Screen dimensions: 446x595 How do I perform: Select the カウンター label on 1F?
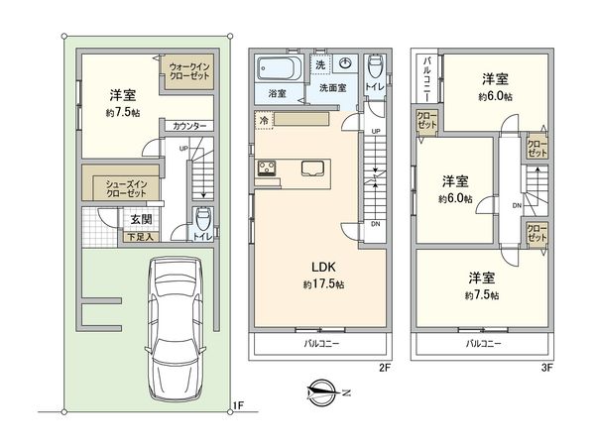click(x=188, y=126)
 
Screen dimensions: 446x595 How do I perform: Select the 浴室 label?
click(x=278, y=94)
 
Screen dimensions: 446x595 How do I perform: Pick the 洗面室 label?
click(x=332, y=87)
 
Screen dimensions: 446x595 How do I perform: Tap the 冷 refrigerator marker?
click(x=264, y=120)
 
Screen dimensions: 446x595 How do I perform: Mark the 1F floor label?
click(x=237, y=404)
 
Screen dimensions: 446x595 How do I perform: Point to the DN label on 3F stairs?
click(x=517, y=206)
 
